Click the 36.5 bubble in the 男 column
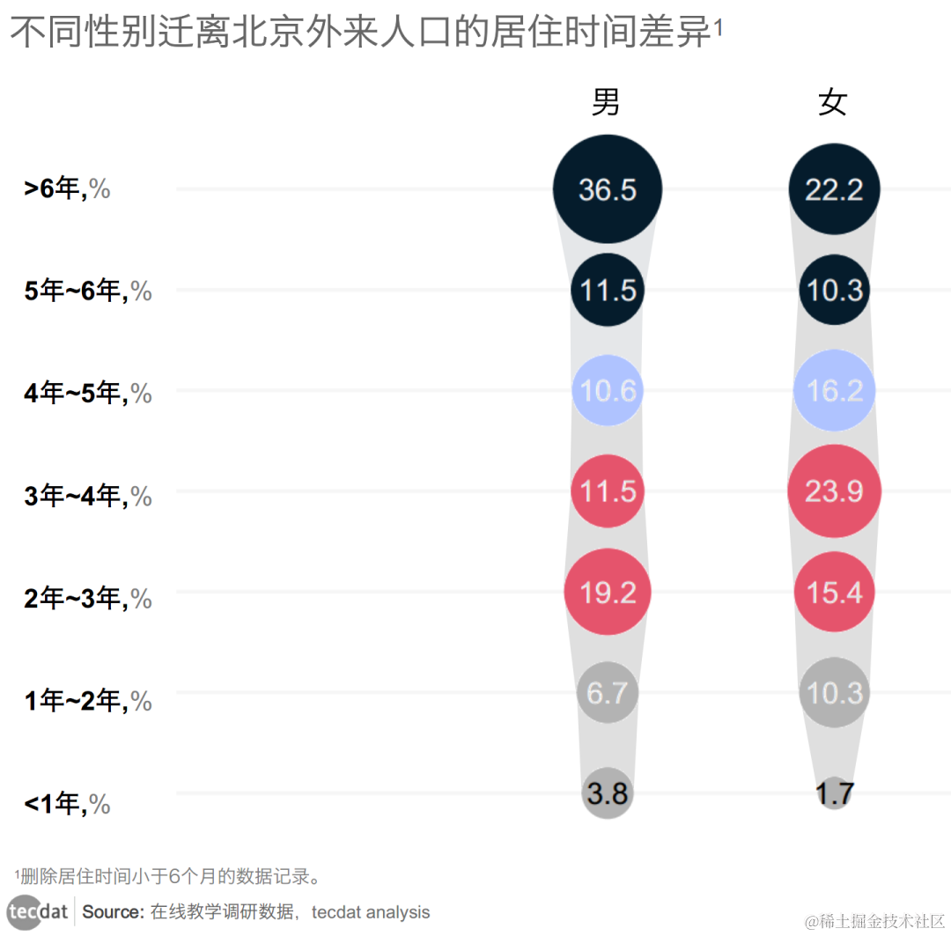tap(608, 189)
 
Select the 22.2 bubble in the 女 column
tap(834, 189)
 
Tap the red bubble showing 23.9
tap(834, 491)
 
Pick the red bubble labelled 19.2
tap(608, 593)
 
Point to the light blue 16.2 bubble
tap(834, 390)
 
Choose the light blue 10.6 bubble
tap(608, 390)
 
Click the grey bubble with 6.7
tap(608, 693)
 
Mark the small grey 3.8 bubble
tap(608, 793)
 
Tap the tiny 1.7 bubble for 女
tap(834, 793)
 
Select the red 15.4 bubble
tap(834, 593)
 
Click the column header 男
tap(606, 102)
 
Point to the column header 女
tap(832, 102)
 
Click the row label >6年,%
tap(67, 188)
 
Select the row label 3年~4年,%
tap(87, 497)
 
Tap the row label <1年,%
tap(67, 804)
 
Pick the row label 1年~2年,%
tap(87, 702)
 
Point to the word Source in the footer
tap(112, 912)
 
